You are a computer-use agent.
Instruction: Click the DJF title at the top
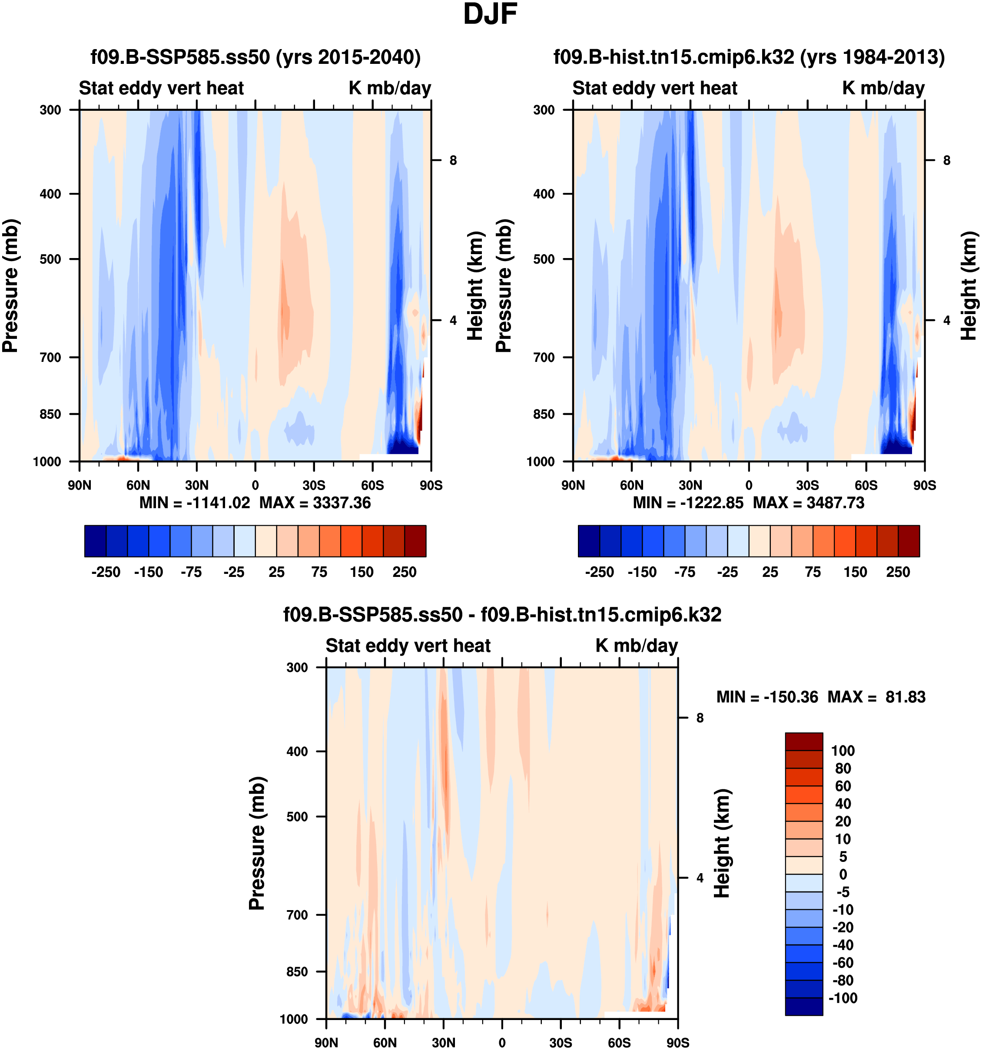490,15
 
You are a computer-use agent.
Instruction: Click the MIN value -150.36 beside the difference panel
790,697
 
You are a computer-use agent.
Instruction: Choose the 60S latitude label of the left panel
372,485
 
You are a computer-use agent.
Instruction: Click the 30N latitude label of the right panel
690,485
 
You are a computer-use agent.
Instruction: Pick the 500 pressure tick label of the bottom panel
297,817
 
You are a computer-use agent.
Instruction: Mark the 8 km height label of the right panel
947,160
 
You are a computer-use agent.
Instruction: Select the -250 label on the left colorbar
106,572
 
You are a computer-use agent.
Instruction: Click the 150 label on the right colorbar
855,572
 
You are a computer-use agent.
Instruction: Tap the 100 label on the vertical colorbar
843,751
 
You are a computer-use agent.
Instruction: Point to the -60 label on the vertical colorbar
843,962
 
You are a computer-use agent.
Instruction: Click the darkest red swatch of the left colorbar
415,541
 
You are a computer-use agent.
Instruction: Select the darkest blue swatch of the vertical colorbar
803,1006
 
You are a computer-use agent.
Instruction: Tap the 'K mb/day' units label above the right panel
883,88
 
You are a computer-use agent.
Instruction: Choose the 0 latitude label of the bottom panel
502,1043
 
